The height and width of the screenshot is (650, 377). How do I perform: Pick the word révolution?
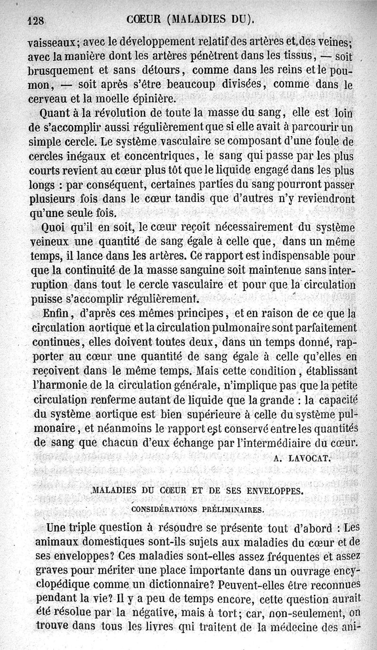pyautogui.click(x=121, y=114)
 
